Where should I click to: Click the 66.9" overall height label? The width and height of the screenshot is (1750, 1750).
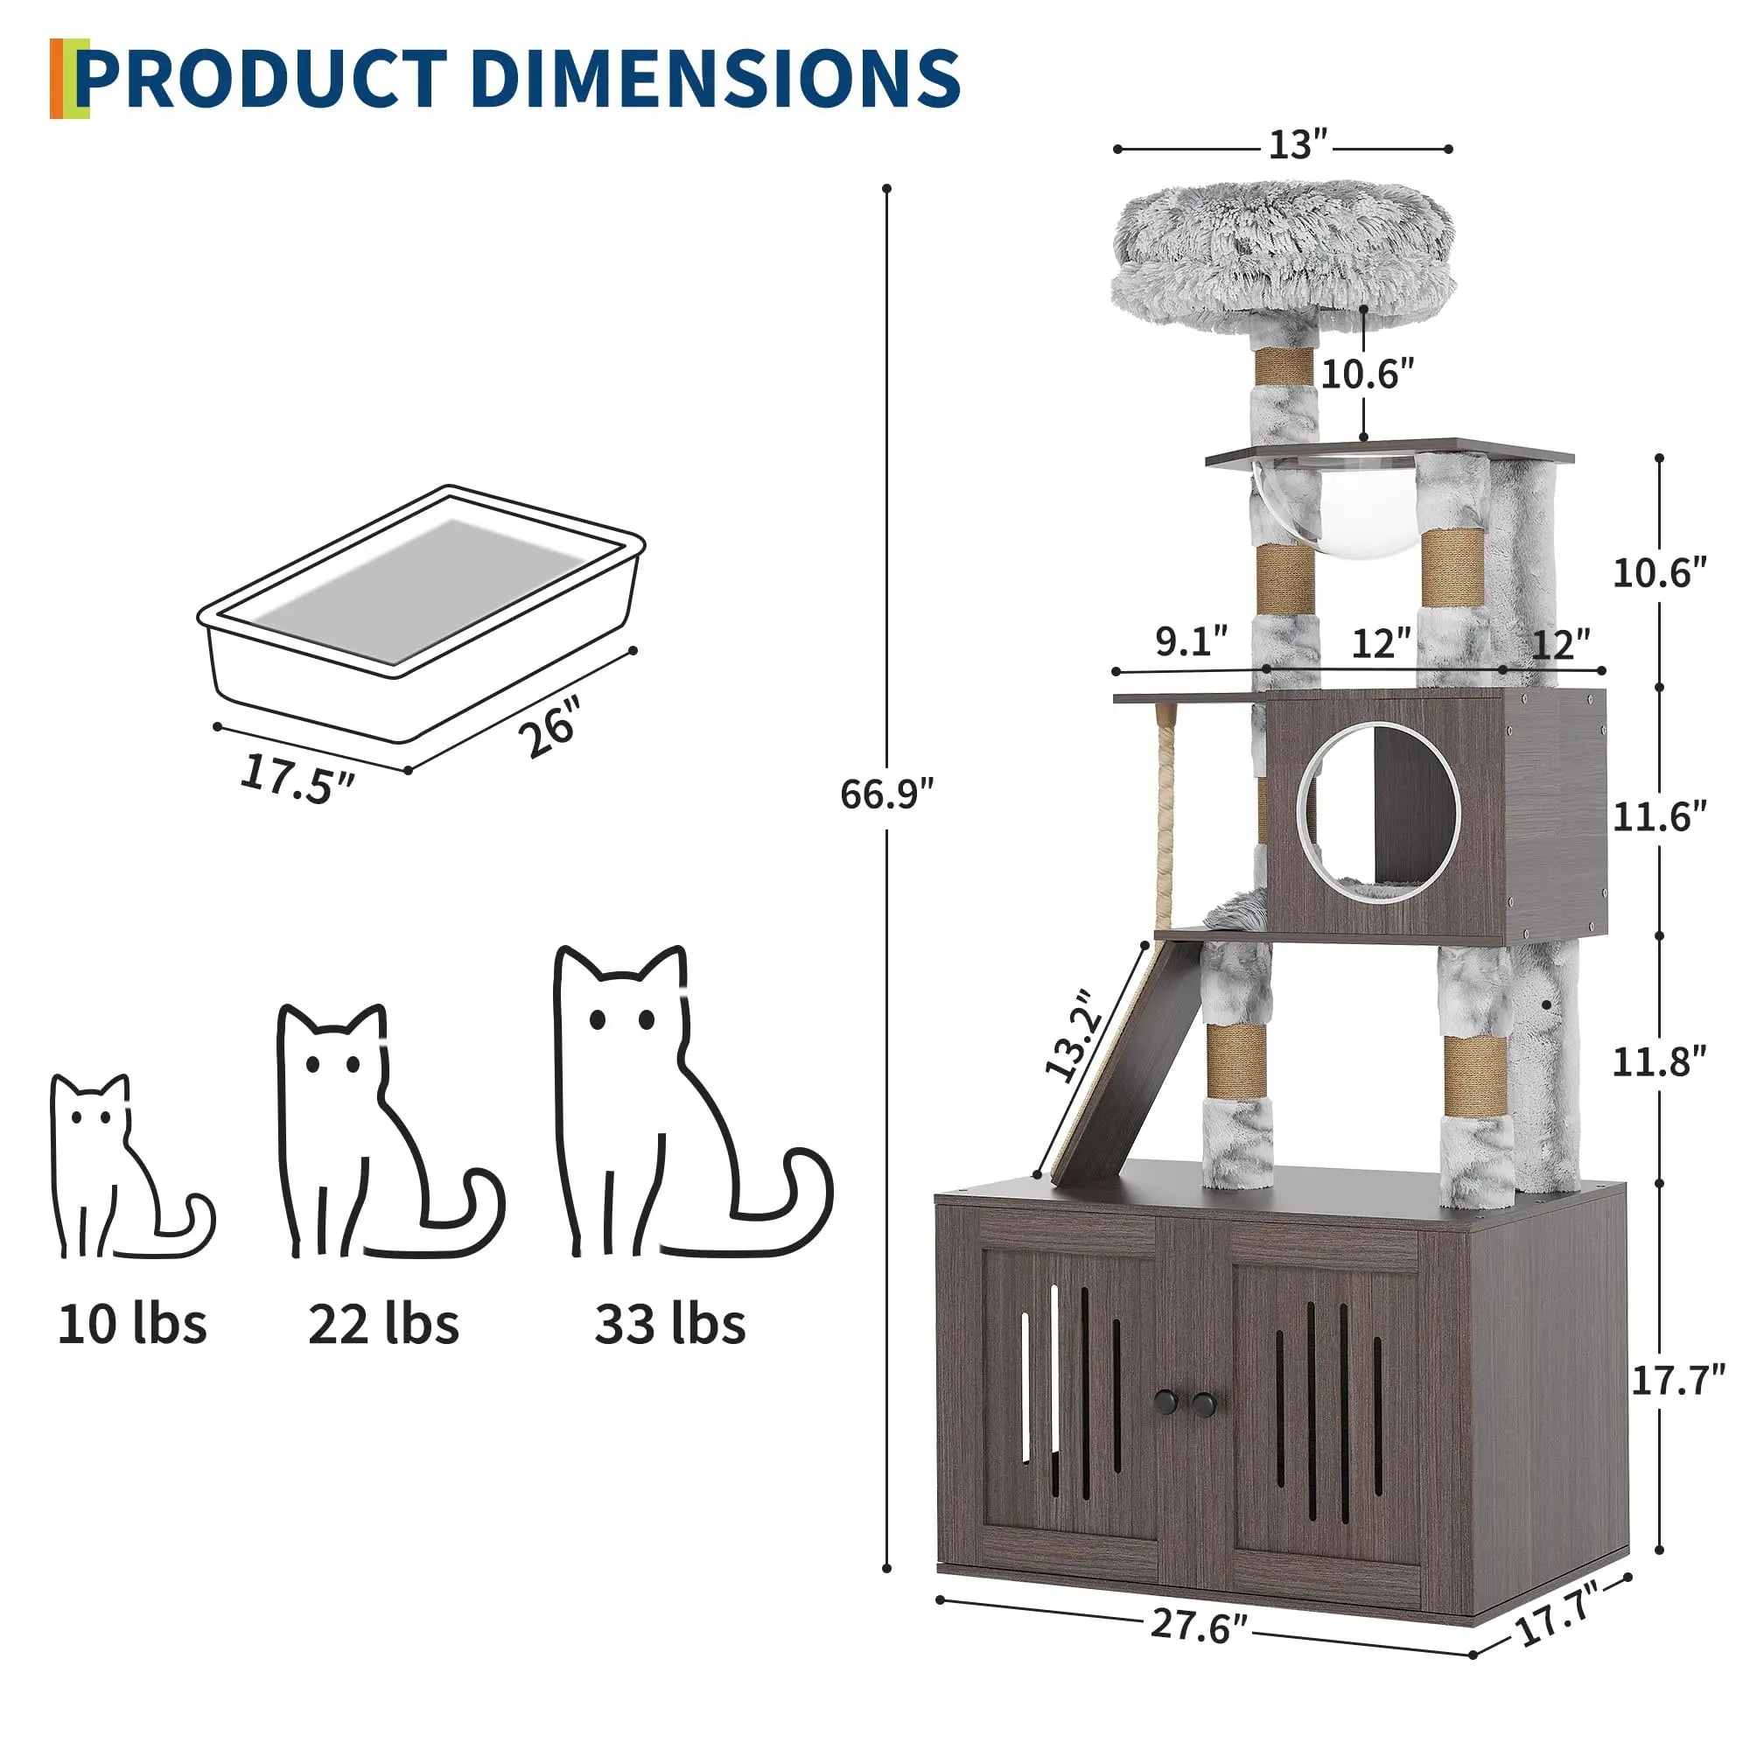(x=885, y=794)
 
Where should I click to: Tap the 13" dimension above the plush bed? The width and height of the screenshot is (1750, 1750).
(x=1297, y=145)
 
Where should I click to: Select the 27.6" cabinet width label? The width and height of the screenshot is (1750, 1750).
(x=1199, y=1626)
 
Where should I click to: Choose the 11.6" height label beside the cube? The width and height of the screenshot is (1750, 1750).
(x=1658, y=817)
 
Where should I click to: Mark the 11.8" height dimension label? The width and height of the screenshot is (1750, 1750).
(x=1658, y=1061)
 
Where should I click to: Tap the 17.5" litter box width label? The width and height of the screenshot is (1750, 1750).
(x=297, y=777)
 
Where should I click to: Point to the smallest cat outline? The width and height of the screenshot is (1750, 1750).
(x=127, y=1168)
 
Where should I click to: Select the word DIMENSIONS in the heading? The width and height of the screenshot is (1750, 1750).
(x=715, y=80)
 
